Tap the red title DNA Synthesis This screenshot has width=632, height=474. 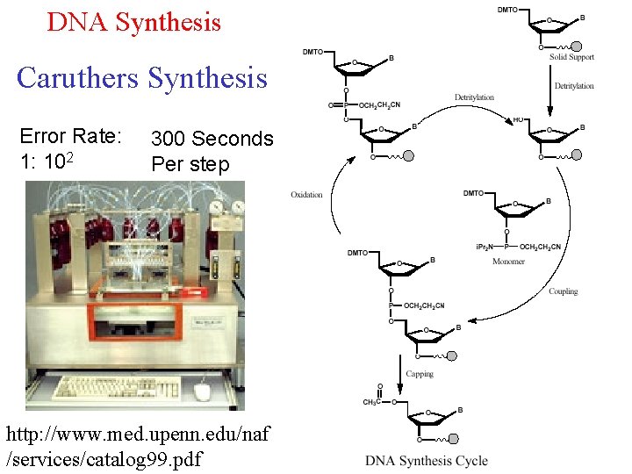133,21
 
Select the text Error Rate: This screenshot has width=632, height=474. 69,136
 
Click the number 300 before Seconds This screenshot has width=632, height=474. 169,139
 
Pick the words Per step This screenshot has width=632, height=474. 190,164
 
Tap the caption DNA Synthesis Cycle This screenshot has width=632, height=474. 426,461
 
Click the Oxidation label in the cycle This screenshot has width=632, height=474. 306,194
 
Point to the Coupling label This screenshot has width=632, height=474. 563,291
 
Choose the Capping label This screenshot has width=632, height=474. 420,374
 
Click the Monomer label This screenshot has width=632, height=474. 508,262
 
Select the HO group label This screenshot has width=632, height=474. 519,119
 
